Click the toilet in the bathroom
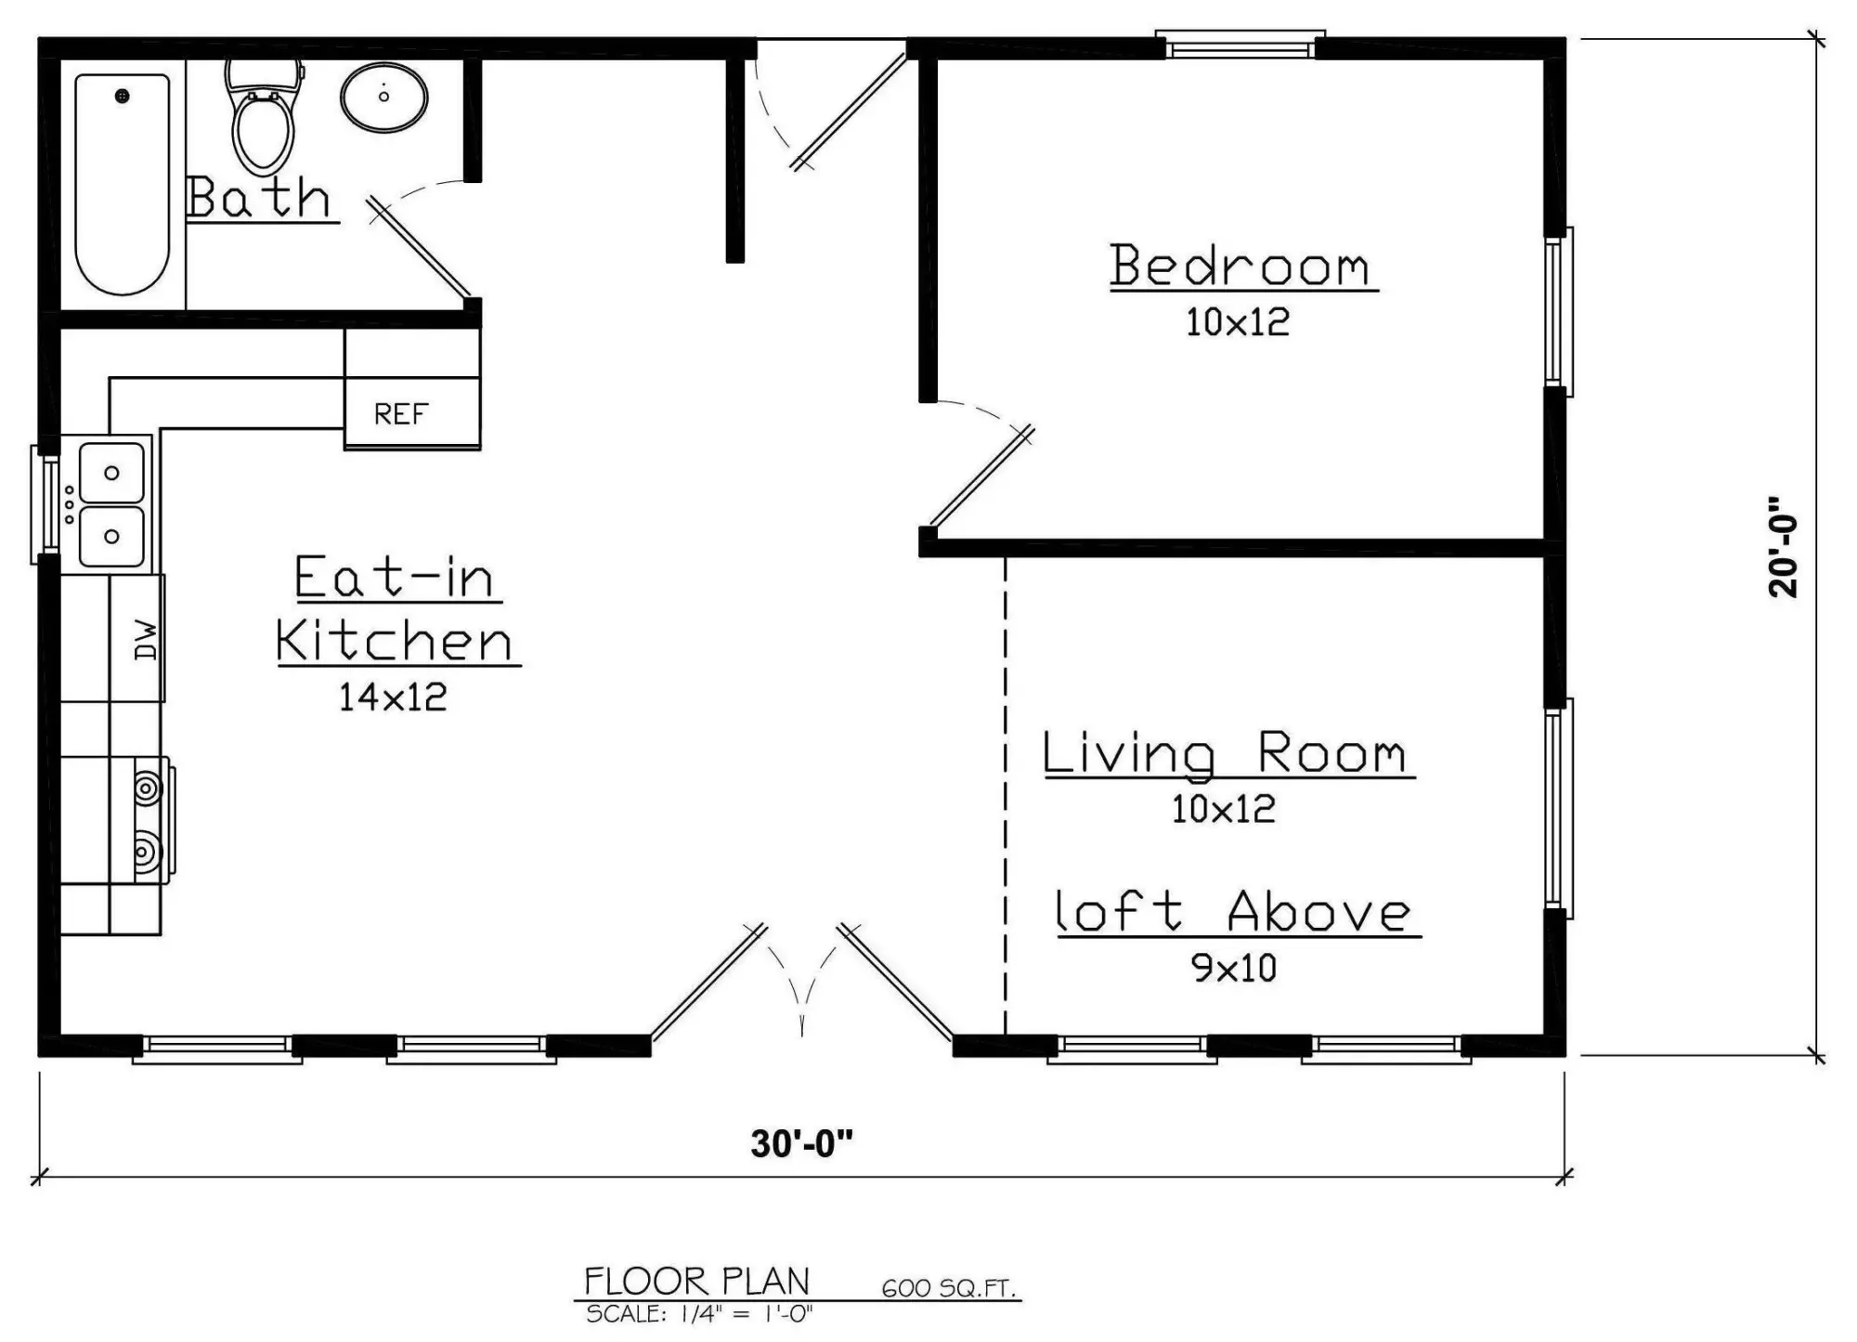tap(265, 116)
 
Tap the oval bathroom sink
tap(384, 98)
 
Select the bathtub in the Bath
tap(123, 184)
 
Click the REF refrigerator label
tap(401, 414)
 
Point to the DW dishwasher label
tap(147, 640)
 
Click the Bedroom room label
tap(1240, 266)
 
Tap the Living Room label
tap(1225, 752)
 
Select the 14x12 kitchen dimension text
tap(393, 697)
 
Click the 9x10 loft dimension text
tap(1234, 969)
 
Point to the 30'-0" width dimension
tap(801, 1144)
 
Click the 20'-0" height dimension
tap(1784, 547)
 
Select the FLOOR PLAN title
tap(696, 1282)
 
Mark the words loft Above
tap(1234, 911)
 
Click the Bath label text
tap(258, 197)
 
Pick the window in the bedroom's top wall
tap(1240, 44)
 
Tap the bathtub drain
tap(122, 96)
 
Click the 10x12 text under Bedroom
tap(1238, 322)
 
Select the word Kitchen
tap(395, 641)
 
